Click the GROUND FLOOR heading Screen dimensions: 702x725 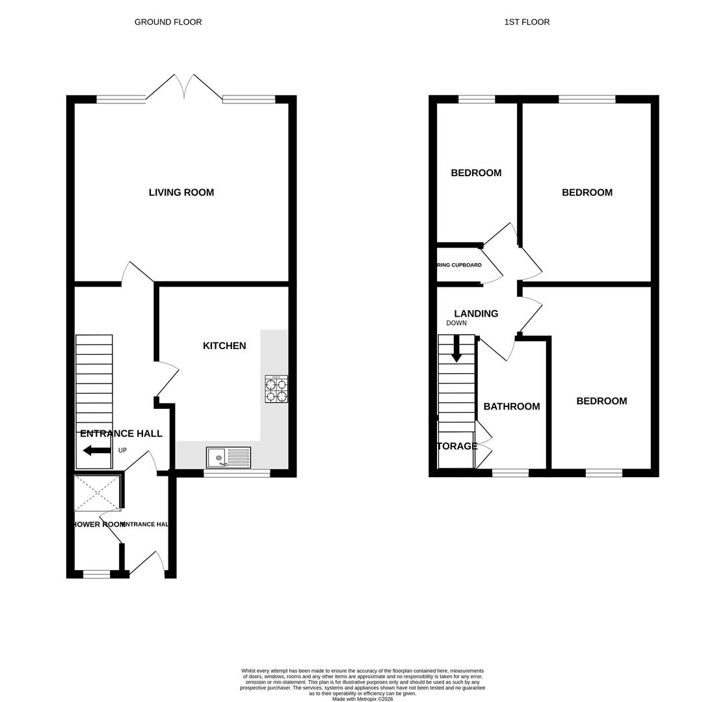pyautogui.click(x=168, y=22)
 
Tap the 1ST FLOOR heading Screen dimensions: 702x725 pyautogui.click(x=527, y=22)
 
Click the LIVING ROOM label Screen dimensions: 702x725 pyautogui.click(x=181, y=192)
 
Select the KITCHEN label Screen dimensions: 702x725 pyautogui.click(x=224, y=346)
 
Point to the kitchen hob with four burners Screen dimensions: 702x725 pyautogui.click(x=276, y=389)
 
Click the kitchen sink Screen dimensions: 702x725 pyautogui.click(x=228, y=458)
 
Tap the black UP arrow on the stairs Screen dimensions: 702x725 pyautogui.click(x=97, y=450)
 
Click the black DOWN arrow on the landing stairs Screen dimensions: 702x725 pyautogui.click(x=456, y=348)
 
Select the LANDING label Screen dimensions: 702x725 pyautogui.click(x=476, y=313)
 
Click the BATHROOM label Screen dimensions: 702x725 pyautogui.click(x=512, y=406)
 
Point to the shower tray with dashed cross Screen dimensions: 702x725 pyautogui.click(x=97, y=493)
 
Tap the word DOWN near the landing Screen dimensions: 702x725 pyautogui.click(x=456, y=323)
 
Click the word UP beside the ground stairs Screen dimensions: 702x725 pyautogui.click(x=122, y=450)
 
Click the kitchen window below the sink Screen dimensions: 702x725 pyautogui.click(x=237, y=474)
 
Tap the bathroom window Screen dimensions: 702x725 pyautogui.click(x=510, y=473)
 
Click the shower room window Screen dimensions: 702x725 pyautogui.click(x=96, y=574)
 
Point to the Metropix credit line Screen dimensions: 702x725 pyautogui.click(x=362, y=699)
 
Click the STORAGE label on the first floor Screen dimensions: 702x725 pyautogui.click(x=457, y=446)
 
